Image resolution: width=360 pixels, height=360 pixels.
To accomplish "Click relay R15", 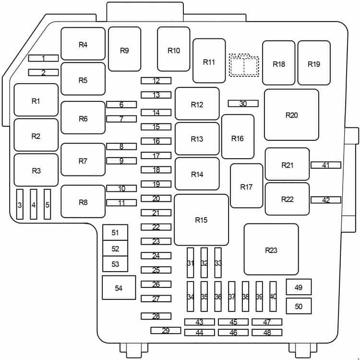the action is (x=201, y=220).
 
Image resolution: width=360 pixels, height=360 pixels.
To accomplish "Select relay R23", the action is (x=271, y=249).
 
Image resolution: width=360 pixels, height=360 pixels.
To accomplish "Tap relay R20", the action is (x=291, y=115).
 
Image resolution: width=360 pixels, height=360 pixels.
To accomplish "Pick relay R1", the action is (x=36, y=100).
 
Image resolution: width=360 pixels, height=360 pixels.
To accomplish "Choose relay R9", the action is (x=124, y=49).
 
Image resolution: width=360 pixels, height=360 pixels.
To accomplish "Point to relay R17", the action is (x=247, y=186).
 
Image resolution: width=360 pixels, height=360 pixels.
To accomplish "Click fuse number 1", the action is (x=43, y=58).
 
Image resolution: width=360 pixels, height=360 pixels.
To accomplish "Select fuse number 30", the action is (x=243, y=103).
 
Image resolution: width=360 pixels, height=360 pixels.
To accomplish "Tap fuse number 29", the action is (x=166, y=330).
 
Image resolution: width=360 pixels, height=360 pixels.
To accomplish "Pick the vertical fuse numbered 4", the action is (x=34, y=204).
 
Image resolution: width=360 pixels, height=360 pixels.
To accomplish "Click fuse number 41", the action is (x=326, y=165).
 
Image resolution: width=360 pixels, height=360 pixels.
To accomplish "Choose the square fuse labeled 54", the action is (x=119, y=287).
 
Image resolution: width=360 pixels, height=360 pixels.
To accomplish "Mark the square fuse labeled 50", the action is (x=299, y=306).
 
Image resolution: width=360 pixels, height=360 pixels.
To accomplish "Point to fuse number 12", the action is (x=156, y=80).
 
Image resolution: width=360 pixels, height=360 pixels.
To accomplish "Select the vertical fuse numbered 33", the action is (x=218, y=262).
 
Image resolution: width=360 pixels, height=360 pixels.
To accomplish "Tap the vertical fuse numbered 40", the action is (x=273, y=297).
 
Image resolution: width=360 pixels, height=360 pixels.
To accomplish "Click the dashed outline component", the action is (x=244, y=65).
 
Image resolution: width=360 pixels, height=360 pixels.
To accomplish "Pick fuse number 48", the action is (x=267, y=333).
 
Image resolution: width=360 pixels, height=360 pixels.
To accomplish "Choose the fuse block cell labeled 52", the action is (x=115, y=248).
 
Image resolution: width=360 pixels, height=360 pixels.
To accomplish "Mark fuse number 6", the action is (x=121, y=104).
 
